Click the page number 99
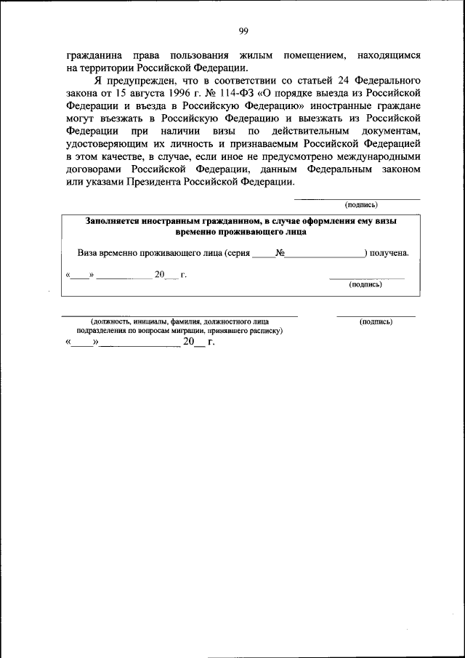click(243, 30)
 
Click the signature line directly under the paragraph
click(356, 198)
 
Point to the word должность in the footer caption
click(113, 321)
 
